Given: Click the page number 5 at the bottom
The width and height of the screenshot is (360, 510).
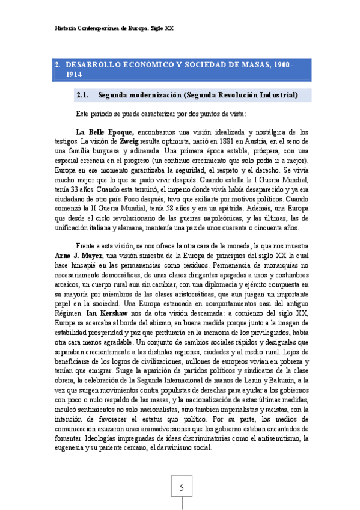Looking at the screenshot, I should pos(180,487).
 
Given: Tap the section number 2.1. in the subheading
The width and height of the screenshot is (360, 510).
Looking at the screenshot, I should pos(83,94).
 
